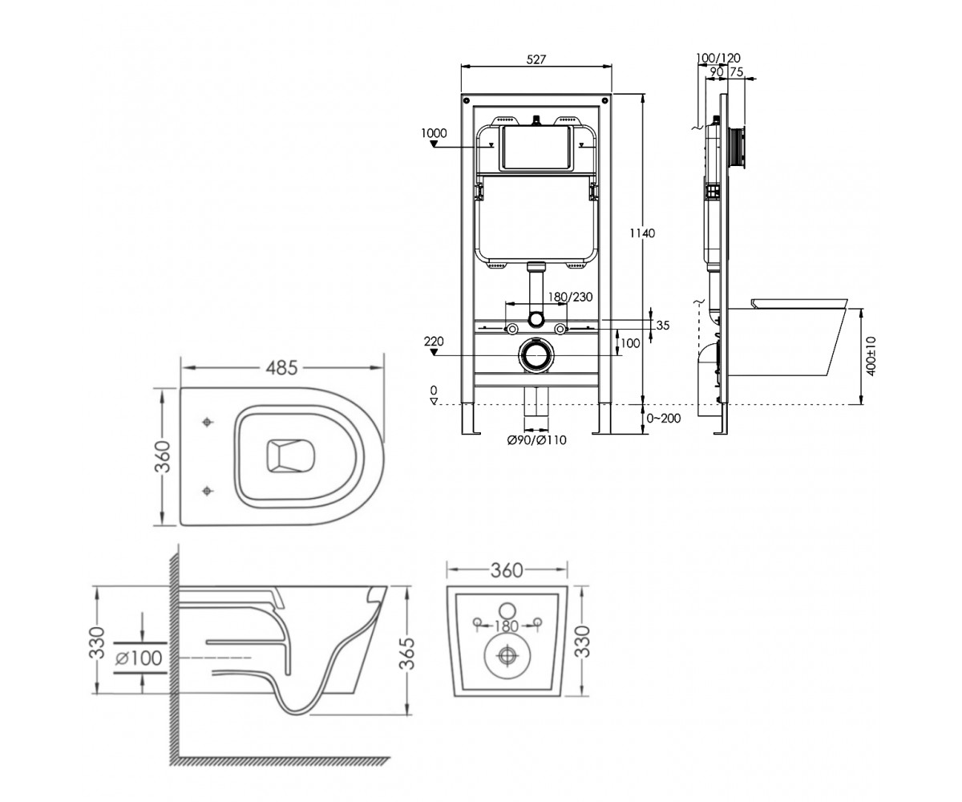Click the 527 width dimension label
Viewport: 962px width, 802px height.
coord(536,59)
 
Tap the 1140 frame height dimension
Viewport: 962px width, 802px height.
coord(642,233)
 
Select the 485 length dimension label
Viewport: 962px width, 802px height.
coord(282,368)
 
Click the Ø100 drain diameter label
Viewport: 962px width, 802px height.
coord(139,658)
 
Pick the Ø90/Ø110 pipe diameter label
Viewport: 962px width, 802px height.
coord(537,440)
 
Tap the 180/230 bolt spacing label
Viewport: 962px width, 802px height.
coord(570,297)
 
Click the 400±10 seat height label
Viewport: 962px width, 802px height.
coord(871,356)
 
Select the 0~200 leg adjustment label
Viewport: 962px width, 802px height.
coord(664,419)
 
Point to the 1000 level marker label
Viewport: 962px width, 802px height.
coord(434,133)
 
